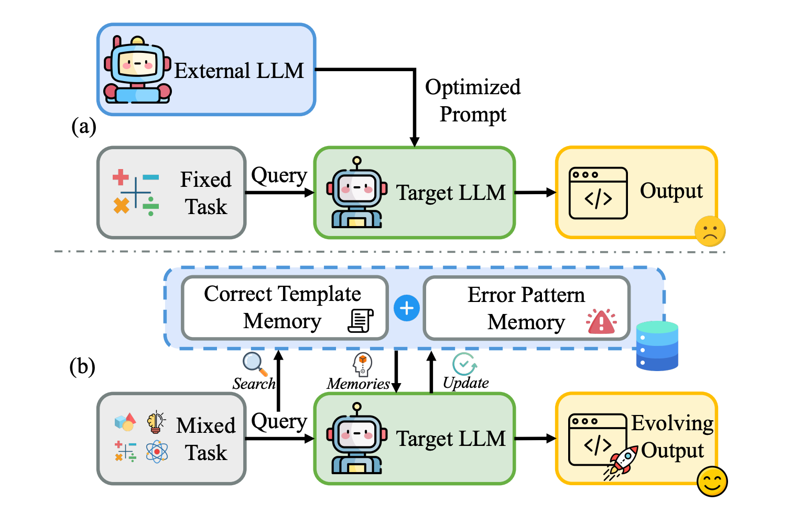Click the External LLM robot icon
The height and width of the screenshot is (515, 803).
(137, 70)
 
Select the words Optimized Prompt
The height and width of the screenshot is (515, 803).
(473, 100)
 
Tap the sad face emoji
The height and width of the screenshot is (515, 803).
(710, 231)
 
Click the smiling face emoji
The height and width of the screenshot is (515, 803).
(712, 482)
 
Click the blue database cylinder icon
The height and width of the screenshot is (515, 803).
(657, 346)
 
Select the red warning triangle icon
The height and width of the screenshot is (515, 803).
(601, 321)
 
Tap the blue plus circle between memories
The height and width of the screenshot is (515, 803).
(407, 308)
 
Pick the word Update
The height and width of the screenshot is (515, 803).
(465, 383)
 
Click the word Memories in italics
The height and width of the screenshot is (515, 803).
(359, 384)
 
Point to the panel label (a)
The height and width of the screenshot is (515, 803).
(84, 126)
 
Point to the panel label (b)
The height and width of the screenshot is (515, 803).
(82, 366)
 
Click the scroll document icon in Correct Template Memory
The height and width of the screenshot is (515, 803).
(361, 321)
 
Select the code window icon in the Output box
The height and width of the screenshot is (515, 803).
(598, 193)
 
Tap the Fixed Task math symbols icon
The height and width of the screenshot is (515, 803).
(136, 193)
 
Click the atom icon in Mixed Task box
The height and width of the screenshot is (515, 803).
(157, 451)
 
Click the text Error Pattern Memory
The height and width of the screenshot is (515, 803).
(526, 309)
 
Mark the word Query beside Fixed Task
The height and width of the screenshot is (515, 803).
(279, 176)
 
